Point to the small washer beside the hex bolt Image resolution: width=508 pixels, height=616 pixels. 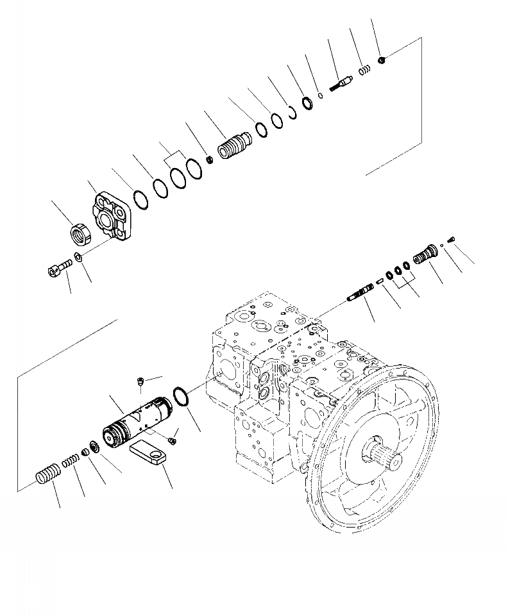[78, 258]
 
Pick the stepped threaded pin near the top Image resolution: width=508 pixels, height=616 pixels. [341, 83]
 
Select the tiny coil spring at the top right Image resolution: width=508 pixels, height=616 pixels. [364, 70]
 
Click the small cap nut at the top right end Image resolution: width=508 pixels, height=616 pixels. [382, 60]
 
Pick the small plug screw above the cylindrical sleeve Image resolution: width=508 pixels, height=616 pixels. [140, 383]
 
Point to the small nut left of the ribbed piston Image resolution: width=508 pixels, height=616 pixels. [208, 159]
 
